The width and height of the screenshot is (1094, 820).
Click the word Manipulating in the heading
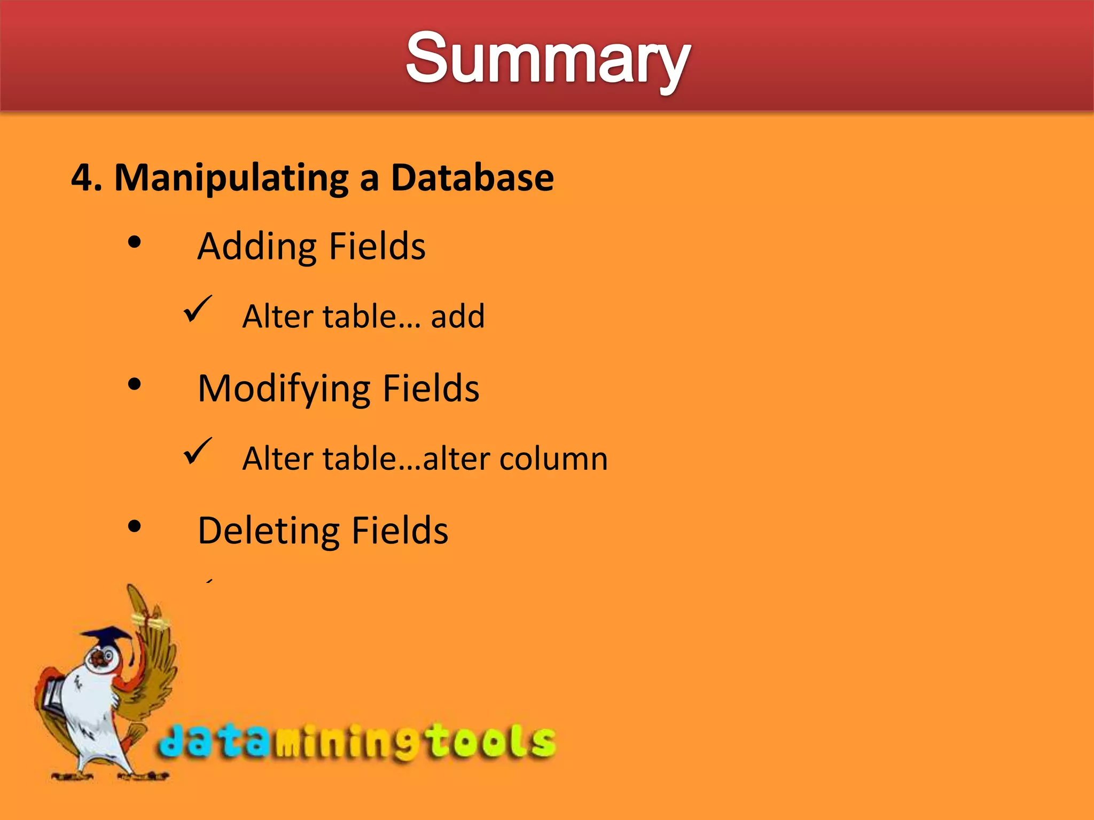tap(231, 178)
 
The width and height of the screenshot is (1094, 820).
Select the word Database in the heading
tap(472, 177)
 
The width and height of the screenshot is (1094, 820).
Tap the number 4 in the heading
tap(82, 177)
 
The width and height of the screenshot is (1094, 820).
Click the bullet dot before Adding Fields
tap(135, 243)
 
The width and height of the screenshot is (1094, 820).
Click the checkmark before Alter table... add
tap(197, 310)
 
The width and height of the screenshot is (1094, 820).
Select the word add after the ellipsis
tap(458, 316)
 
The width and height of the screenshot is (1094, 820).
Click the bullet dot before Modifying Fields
tap(135, 384)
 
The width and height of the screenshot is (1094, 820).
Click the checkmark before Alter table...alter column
tap(197, 452)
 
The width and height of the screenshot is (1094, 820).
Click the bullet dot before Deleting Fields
tap(135, 526)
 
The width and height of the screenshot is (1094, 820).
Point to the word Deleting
tap(269, 531)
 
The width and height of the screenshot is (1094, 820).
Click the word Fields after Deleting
tap(400, 531)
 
